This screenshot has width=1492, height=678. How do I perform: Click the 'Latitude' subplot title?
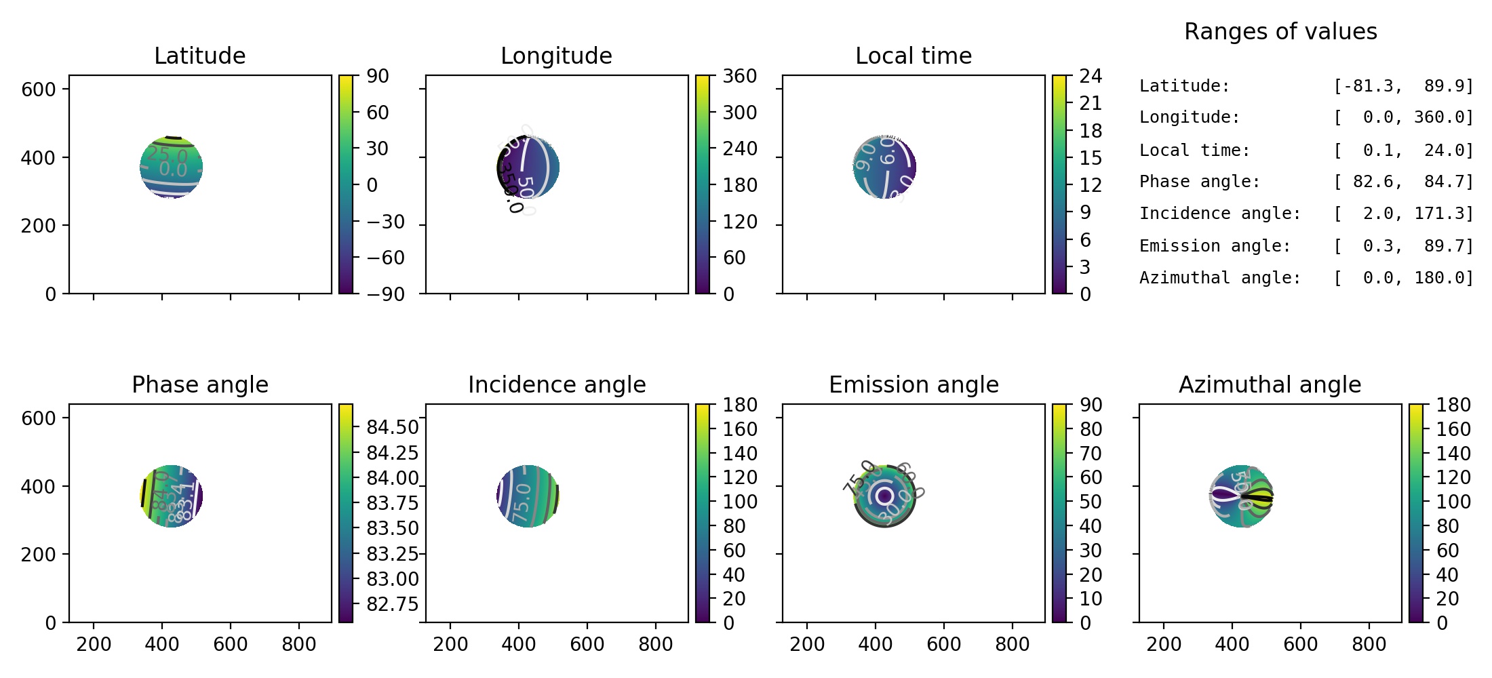pyautogui.click(x=199, y=56)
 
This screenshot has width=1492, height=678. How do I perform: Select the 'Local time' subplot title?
pyautogui.click(x=913, y=56)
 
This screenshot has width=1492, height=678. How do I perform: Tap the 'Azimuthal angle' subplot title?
pyautogui.click(x=1270, y=384)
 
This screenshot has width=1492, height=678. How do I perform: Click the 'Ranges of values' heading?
pyautogui.click(x=1280, y=31)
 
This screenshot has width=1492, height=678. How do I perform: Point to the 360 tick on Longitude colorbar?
pyautogui.click(x=739, y=76)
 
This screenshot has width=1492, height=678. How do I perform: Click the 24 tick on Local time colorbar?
pyautogui.click(x=1091, y=76)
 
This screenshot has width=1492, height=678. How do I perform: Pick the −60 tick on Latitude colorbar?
pyautogui.click(x=386, y=258)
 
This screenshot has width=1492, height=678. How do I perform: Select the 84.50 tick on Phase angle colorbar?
pyautogui.click(x=393, y=427)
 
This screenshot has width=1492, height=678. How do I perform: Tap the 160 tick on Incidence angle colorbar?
pyautogui.click(x=739, y=429)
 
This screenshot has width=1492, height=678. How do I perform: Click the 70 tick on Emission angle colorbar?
pyautogui.click(x=1091, y=454)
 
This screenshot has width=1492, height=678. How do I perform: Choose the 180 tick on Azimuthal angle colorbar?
pyautogui.click(x=1453, y=405)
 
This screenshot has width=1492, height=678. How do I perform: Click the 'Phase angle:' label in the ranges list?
pyautogui.click(x=1199, y=182)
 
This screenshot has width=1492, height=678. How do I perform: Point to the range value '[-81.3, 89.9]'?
pyautogui.click(x=1403, y=86)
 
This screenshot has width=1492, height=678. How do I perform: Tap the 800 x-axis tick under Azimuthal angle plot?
pyautogui.click(x=1369, y=644)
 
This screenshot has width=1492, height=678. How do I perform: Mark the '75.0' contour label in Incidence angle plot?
pyautogui.click(x=522, y=503)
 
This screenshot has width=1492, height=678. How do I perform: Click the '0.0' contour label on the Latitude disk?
pyautogui.click(x=172, y=169)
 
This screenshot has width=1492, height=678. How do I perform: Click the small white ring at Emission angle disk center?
pyautogui.click(x=884, y=496)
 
